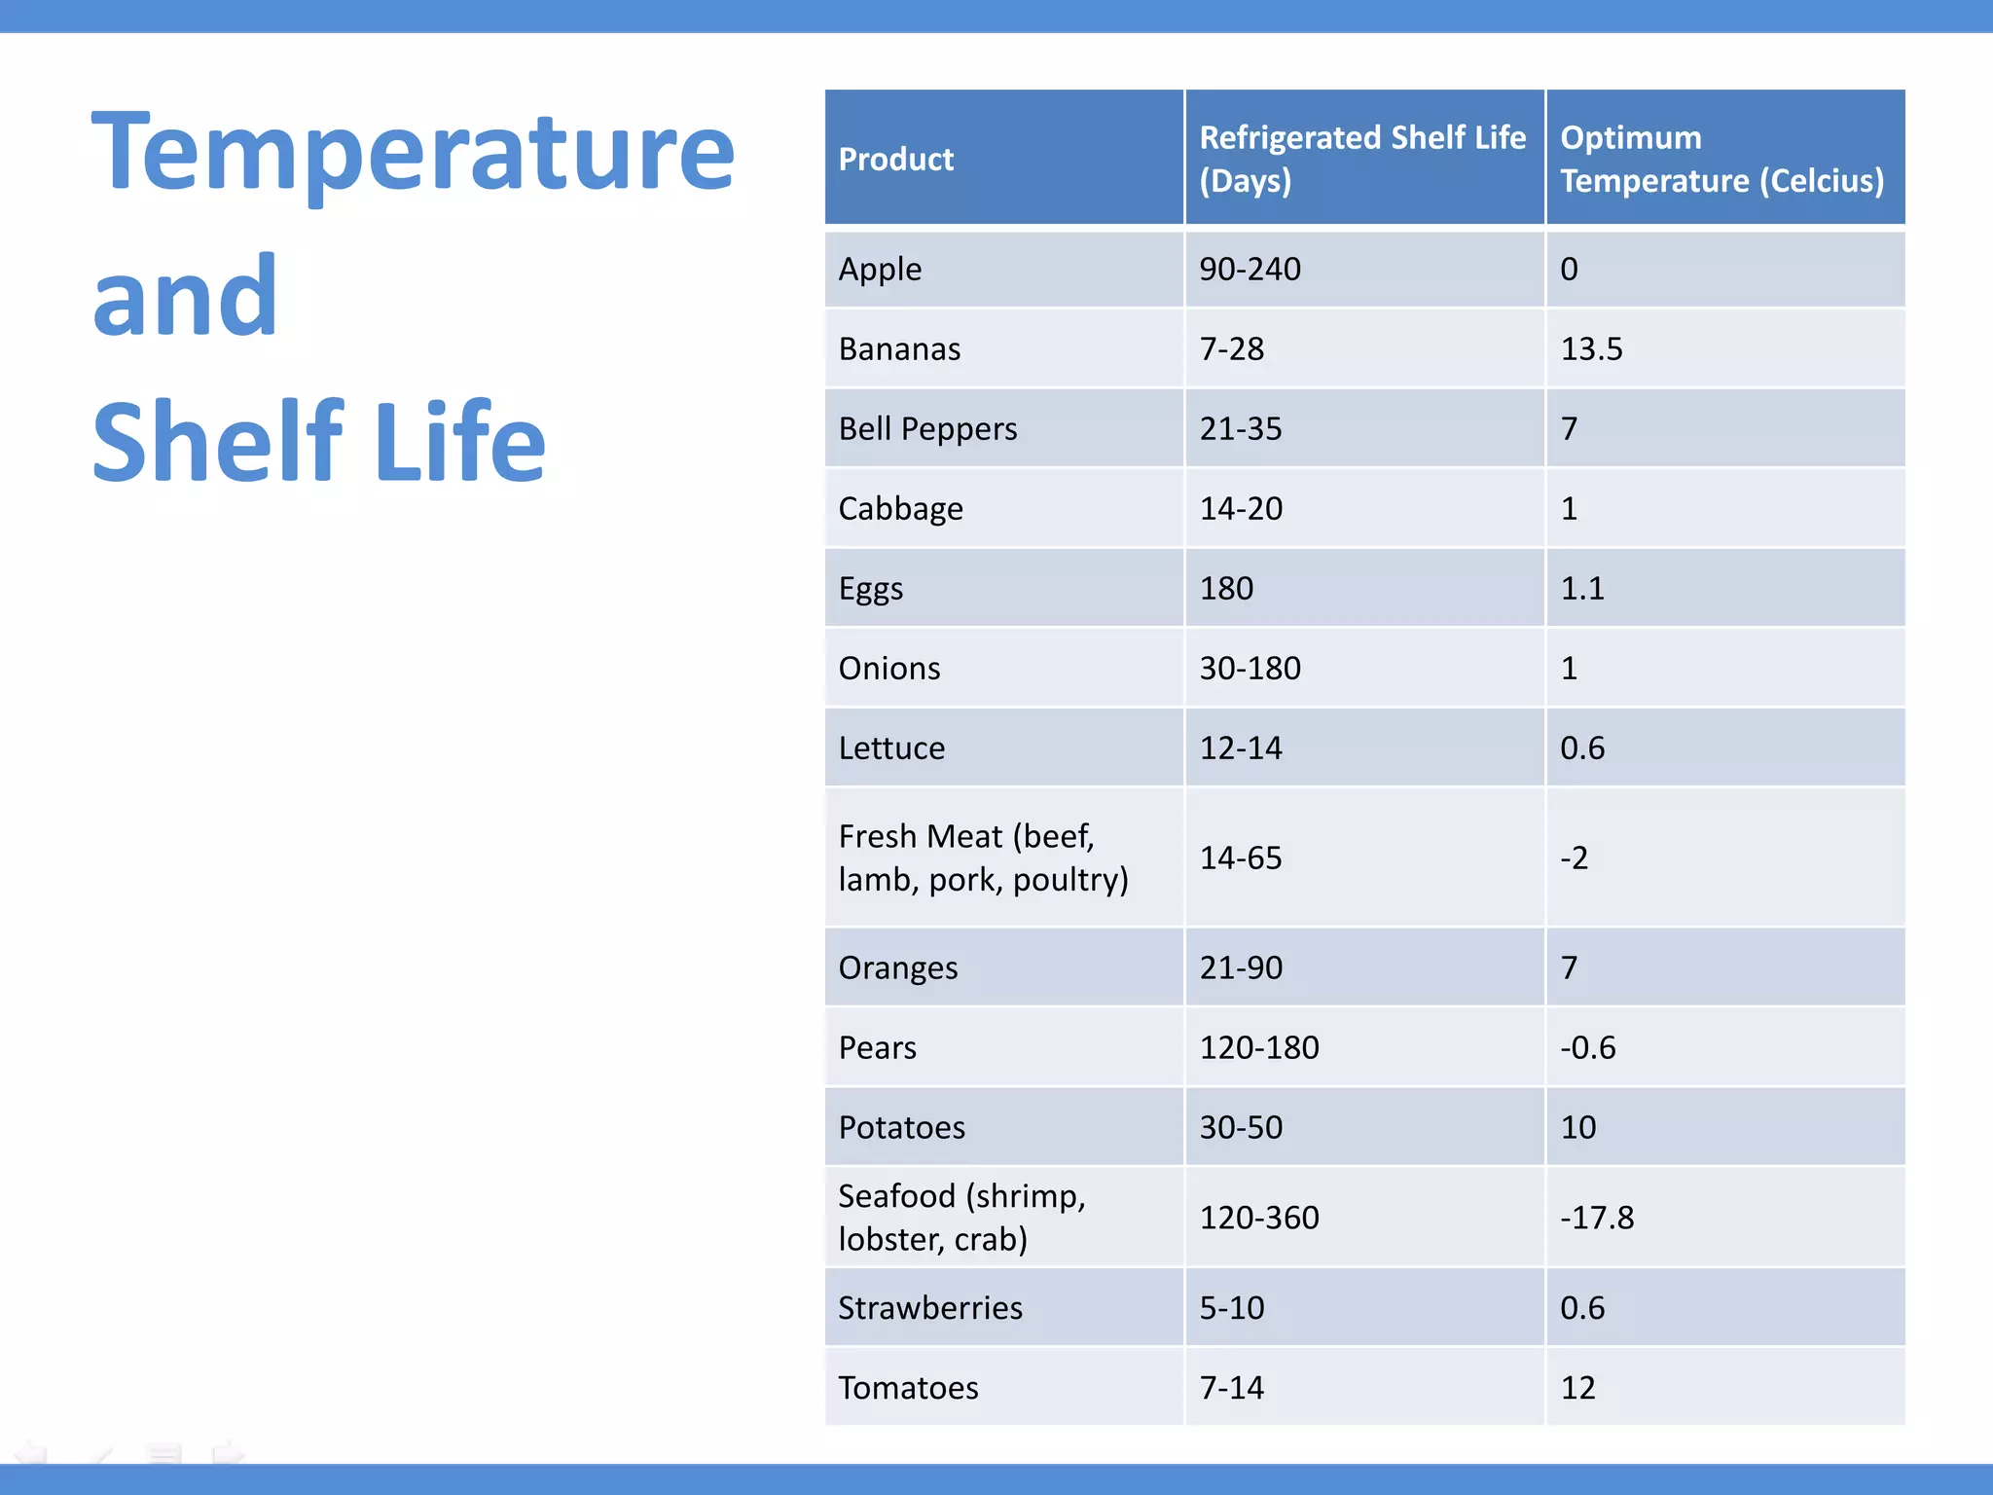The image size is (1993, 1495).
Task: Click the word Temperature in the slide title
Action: coord(413,153)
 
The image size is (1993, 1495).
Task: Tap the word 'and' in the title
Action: coord(185,296)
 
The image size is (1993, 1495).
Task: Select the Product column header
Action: coord(895,159)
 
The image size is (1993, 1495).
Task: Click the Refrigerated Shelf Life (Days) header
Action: coord(1361,159)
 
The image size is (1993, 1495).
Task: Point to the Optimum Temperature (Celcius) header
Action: coord(1721,159)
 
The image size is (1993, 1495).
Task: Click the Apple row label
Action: coord(880,269)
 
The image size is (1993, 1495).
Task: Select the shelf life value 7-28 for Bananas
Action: coord(1231,348)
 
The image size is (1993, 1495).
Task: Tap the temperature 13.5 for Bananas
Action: coord(1591,348)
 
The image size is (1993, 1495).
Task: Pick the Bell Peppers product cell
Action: coord(927,428)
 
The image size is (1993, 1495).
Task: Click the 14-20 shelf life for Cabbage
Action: coord(1241,508)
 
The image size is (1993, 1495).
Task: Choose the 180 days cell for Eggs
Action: coord(1226,588)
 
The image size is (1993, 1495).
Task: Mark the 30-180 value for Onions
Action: coord(1250,668)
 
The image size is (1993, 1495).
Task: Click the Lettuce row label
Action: coord(891,747)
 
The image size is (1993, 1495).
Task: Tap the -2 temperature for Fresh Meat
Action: coord(1574,857)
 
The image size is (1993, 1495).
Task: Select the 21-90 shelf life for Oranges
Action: coord(1241,967)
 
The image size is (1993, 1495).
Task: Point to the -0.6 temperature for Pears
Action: coord(1587,1047)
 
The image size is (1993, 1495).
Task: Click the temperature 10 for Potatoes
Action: coord(1577,1127)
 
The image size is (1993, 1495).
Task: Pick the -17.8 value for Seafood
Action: coord(1596,1218)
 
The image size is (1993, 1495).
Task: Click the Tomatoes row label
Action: coord(908,1387)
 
